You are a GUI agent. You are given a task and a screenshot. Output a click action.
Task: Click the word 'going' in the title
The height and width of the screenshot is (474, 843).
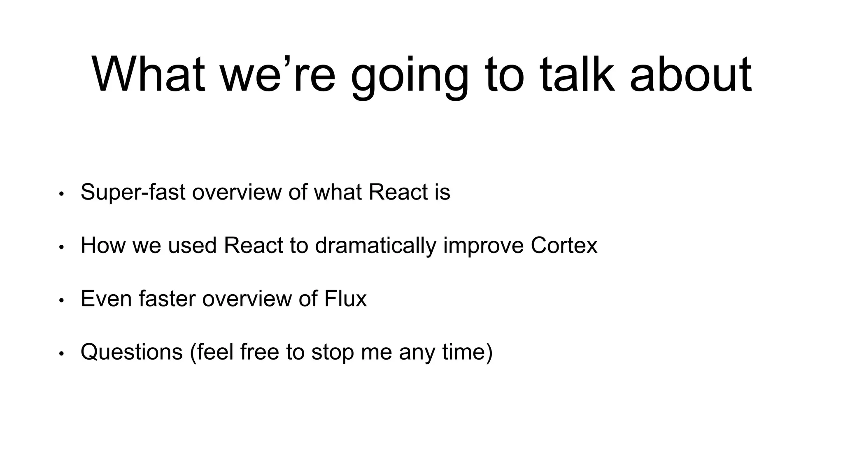410,76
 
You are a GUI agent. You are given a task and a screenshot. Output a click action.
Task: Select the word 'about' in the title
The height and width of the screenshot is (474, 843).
691,74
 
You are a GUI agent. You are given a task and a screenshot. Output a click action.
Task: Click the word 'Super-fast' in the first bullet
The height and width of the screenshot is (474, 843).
133,192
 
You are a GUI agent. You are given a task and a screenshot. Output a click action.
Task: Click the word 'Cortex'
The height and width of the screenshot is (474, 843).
564,245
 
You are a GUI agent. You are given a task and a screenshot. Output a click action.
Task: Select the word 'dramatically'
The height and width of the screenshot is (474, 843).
375,246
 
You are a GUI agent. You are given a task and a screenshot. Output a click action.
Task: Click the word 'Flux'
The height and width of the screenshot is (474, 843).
345,298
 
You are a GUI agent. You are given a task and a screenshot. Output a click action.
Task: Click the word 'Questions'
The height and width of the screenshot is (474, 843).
132,352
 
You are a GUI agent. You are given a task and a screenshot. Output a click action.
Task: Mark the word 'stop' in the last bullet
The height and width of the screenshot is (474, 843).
332,352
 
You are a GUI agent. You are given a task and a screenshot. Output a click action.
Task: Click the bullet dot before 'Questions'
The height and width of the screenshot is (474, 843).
61,353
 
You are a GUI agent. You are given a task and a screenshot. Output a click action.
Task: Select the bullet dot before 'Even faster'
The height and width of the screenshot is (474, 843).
61,300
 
